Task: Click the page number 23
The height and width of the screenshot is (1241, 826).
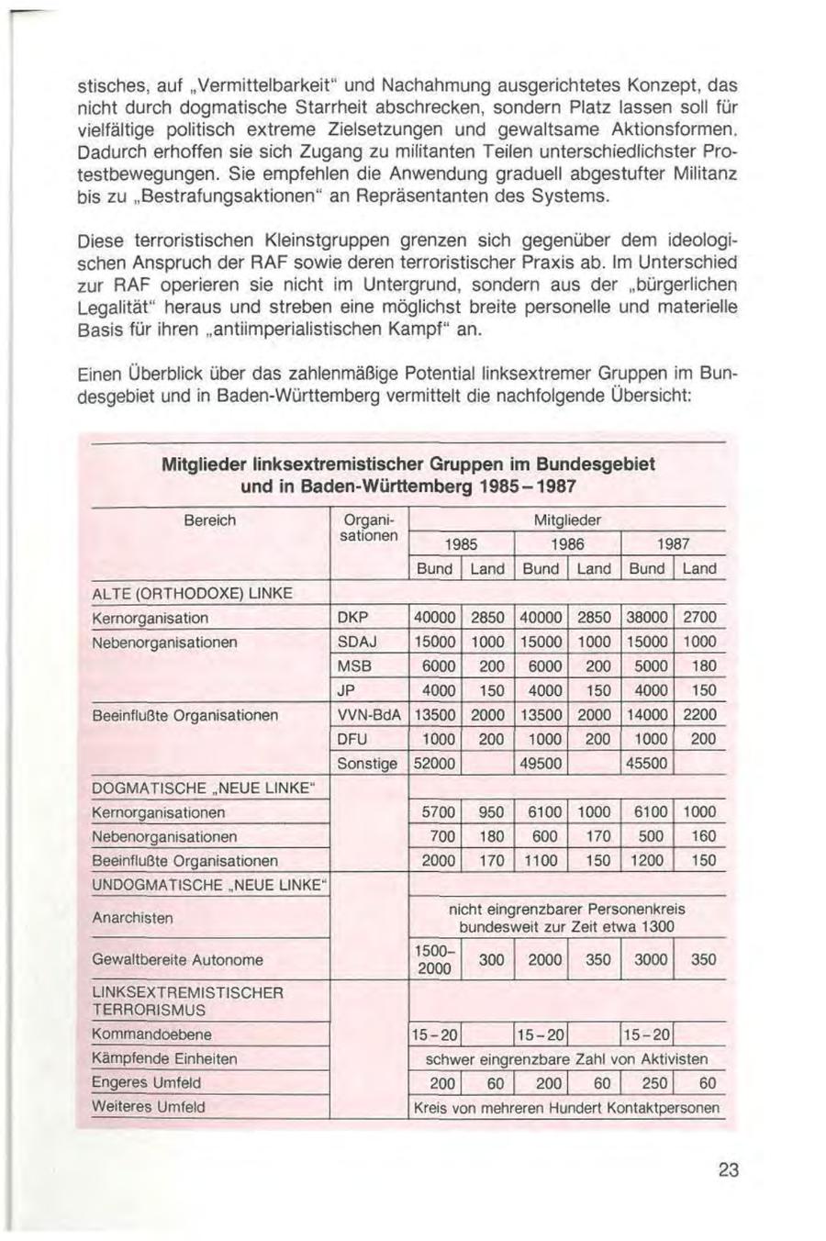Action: [x=730, y=1169]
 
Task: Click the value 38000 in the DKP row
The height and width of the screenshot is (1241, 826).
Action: [x=647, y=618]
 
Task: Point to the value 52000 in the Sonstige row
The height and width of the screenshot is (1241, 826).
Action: [x=434, y=763]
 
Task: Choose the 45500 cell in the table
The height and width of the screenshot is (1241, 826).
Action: [x=647, y=763]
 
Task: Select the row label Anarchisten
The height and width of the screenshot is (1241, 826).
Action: [x=132, y=917]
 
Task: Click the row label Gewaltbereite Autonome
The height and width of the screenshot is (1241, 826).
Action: [x=177, y=959]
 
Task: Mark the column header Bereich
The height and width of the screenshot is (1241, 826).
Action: [x=210, y=520]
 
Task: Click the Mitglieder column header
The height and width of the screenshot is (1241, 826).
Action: [x=567, y=520]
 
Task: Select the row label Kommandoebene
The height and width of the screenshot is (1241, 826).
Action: [x=151, y=1034]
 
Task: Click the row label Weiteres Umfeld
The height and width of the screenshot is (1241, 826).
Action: [x=148, y=1107]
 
